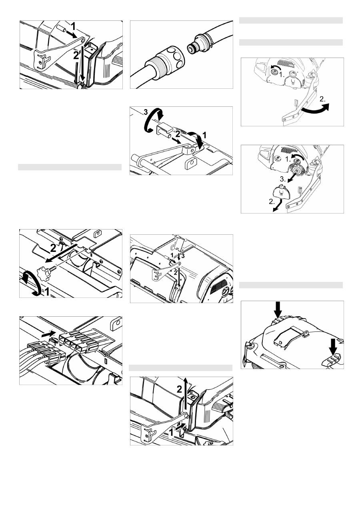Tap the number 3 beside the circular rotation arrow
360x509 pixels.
pyautogui.click(x=146, y=112)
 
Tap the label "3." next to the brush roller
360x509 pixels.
pyautogui.click(x=283, y=179)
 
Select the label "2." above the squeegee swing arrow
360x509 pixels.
pyautogui.click(x=322, y=99)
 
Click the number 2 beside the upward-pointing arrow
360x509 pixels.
pyautogui.click(x=179, y=389)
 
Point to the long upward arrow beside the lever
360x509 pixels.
pyautogui.click(x=186, y=395)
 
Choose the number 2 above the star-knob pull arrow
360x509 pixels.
pyautogui.click(x=53, y=248)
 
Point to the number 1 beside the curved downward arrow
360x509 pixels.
pyautogui.click(x=204, y=135)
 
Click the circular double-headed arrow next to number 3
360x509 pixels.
pyautogui.click(x=154, y=120)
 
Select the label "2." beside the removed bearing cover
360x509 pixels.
pyautogui.click(x=272, y=202)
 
